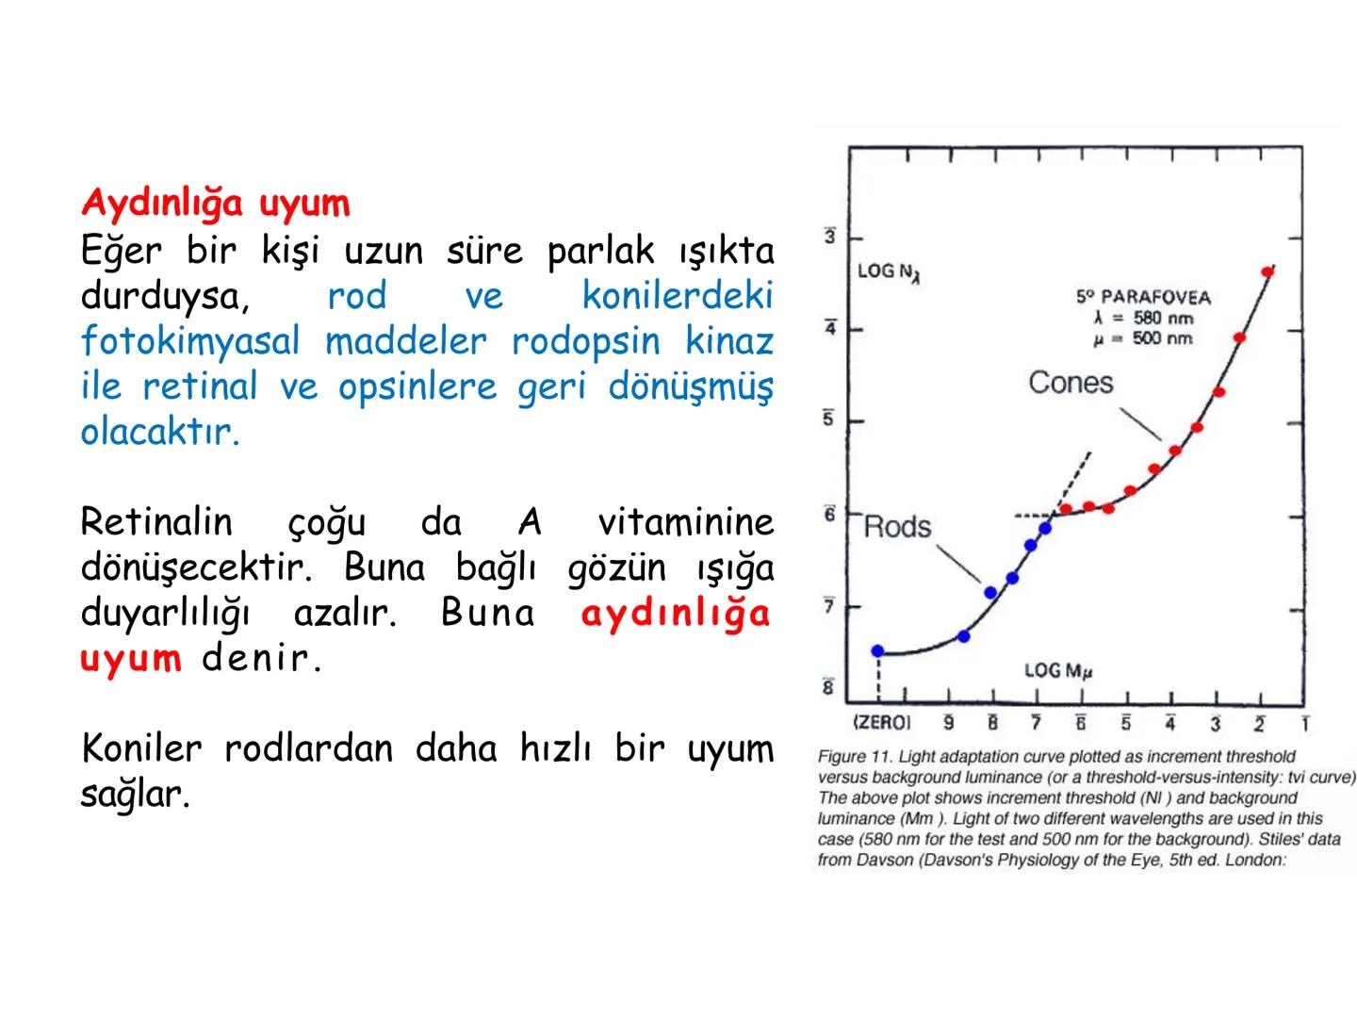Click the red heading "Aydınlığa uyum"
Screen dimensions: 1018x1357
(215, 203)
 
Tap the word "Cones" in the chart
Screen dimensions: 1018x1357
(1071, 383)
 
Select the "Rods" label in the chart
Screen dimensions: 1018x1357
(897, 527)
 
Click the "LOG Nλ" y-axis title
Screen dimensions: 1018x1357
(888, 272)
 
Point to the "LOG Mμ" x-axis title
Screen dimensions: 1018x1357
(1057, 671)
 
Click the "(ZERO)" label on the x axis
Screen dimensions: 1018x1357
(881, 723)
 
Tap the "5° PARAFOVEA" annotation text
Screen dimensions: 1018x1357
(1143, 297)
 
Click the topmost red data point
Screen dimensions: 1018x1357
(1267, 271)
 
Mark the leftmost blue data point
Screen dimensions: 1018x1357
(877, 650)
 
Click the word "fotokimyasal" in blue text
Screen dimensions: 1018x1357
(189, 340)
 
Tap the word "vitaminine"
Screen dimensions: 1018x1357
(685, 521)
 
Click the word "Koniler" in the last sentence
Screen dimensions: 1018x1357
(141, 748)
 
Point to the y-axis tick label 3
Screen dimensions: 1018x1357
(829, 237)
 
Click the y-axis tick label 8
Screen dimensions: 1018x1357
(829, 687)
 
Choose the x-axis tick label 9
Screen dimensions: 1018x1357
(948, 724)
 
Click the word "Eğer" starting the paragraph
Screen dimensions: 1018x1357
(121, 251)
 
